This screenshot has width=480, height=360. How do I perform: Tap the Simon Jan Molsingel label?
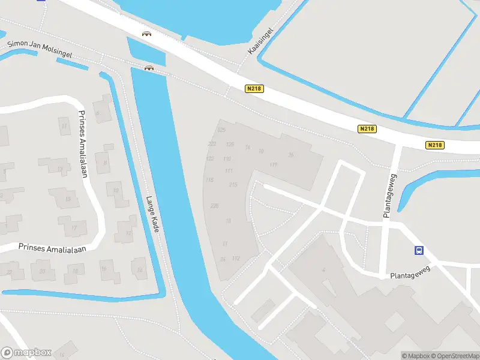pyautogui.click(x=40, y=50)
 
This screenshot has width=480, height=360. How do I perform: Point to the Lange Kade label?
pyautogui.click(x=152, y=215)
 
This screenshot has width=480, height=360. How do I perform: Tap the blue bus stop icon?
pyautogui.click(x=419, y=251)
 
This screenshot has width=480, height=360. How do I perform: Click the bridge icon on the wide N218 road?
pyautogui.click(x=146, y=34)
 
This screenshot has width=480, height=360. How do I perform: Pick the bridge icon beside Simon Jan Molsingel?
pyautogui.click(x=149, y=68)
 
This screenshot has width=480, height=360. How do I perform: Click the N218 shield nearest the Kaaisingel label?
pyautogui.click(x=254, y=89)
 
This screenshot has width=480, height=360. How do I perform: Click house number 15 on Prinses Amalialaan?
pyautogui.click(x=68, y=199)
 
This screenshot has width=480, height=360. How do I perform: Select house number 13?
pyautogui.click(x=60, y=169)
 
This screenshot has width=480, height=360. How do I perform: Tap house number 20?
pyautogui.click(x=42, y=271)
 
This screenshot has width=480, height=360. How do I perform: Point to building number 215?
pyautogui.click(x=233, y=185)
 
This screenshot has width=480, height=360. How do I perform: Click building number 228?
pyautogui.click(x=214, y=206)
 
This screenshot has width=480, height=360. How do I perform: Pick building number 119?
pyautogui.click(x=274, y=165)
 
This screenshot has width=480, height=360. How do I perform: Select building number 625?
pyautogui.click(x=221, y=130)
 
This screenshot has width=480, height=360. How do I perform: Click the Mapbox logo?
pyautogui.click(x=26, y=353)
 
